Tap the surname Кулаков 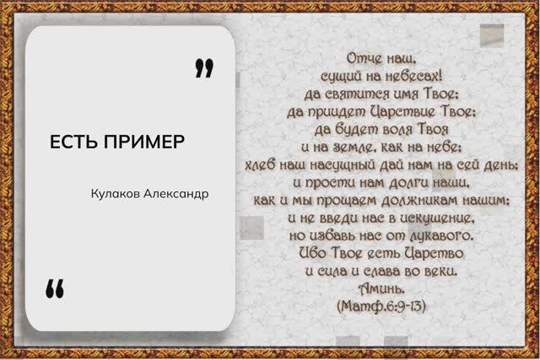pos(117,194)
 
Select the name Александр pos(177,194)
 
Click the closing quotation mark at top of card pos(203,67)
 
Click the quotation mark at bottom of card pos(55,288)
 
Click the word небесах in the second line pos(413,74)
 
